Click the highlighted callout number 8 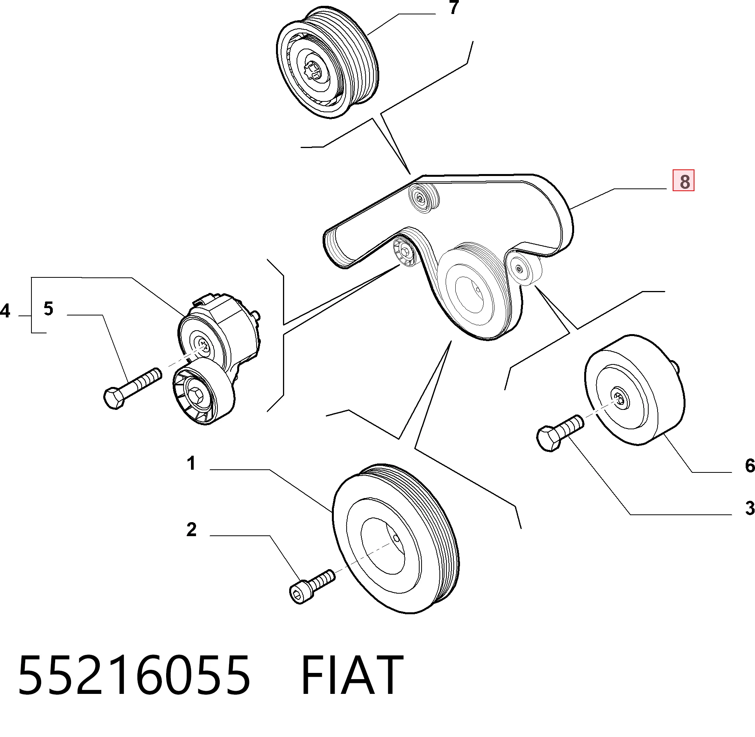683,181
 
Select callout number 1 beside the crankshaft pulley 191,463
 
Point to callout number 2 191,530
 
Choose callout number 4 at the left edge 5,311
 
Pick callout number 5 48,308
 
